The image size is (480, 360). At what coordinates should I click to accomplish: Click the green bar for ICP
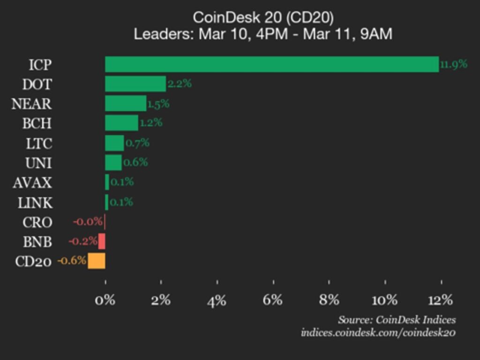coord(272,64)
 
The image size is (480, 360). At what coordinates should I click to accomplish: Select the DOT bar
coord(135,84)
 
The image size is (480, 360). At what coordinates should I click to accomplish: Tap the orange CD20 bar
coord(97,261)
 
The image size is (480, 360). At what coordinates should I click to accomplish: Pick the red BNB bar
coord(102,241)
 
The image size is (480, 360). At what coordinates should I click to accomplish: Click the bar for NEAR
coord(126,104)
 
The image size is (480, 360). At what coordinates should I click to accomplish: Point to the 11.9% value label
coord(454,64)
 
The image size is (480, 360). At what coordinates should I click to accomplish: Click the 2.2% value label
coord(180,84)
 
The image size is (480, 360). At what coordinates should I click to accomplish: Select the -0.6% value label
coord(72,261)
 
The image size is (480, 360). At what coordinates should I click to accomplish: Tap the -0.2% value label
coord(83,241)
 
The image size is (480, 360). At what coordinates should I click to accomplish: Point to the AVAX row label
coord(32,182)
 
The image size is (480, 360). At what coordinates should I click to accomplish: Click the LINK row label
coord(35,202)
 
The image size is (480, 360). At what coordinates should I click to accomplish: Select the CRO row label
coord(37,222)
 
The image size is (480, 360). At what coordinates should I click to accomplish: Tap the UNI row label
coord(38,163)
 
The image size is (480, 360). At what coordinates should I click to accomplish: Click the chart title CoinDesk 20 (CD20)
coord(263,18)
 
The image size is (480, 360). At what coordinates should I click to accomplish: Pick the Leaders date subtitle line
coord(263,34)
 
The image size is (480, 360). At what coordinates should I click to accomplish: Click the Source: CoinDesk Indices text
coord(397,320)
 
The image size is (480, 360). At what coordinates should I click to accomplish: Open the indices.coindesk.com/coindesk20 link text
coord(378,333)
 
